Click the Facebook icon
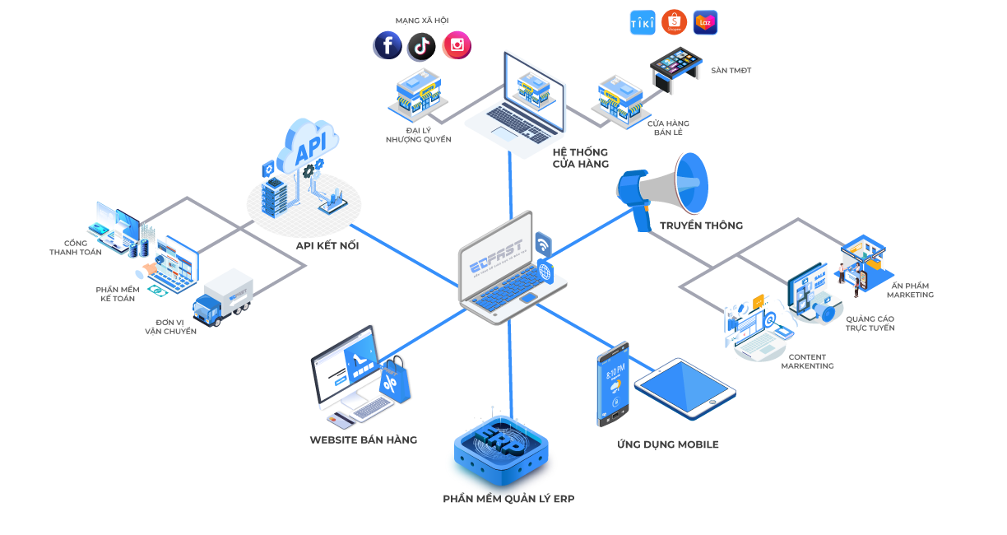pyautogui.click(x=387, y=45)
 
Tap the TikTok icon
pyautogui.click(x=421, y=46)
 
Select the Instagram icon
pyautogui.click(x=457, y=45)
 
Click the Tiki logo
pyautogui.click(x=643, y=22)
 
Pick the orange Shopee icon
pyautogui.click(x=674, y=22)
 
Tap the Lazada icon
pyautogui.click(x=705, y=22)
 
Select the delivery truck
pyautogui.click(x=223, y=297)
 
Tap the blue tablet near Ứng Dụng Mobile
pyautogui.click(x=684, y=388)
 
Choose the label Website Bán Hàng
pyautogui.click(x=363, y=440)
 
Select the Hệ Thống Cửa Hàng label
pyautogui.click(x=581, y=158)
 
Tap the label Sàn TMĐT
pyautogui.click(x=731, y=71)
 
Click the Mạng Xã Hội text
pyautogui.click(x=421, y=21)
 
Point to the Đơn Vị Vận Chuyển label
pyautogui.click(x=170, y=327)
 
